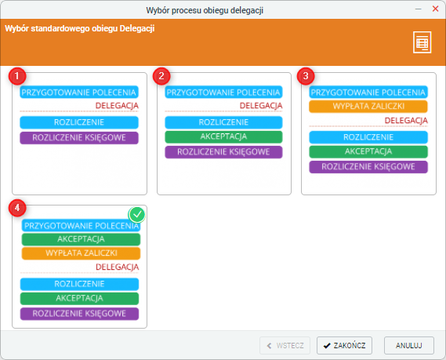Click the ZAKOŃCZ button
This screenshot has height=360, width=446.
click(x=344, y=345)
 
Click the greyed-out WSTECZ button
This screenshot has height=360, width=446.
click(x=285, y=345)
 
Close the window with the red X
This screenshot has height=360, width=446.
click(x=435, y=9)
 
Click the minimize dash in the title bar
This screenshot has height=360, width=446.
click(x=418, y=9)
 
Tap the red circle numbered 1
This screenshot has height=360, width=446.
click(x=17, y=76)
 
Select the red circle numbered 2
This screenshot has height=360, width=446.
click(x=161, y=76)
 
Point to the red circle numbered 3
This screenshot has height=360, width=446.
click(x=306, y=76)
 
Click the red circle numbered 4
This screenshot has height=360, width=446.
click(x=17, y=208)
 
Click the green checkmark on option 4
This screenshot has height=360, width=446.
click(x=137, y=215)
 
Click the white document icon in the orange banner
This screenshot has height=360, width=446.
click(x=422, y=42)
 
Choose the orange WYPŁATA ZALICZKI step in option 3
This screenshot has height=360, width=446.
click(x=368, y=107)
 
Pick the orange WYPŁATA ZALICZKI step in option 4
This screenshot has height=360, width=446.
click(x=81, y=253)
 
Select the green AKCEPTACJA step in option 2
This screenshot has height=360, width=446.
click(x=223, y=137)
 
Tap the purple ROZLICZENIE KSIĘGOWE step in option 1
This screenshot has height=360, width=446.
click(x=79, y=138)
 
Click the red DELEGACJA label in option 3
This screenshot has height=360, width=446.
click(x=406, y=120)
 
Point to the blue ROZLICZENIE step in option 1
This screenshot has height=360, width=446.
click(x=79, y=122)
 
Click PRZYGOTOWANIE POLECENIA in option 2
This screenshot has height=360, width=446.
click(x=223, y=93)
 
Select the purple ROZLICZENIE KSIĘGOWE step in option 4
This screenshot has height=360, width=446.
click(x=79, y=314)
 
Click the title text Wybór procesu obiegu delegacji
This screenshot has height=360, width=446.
click(x=205, y=10)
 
